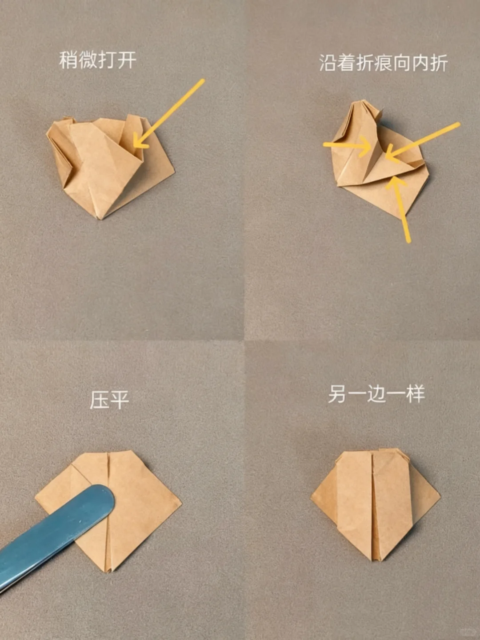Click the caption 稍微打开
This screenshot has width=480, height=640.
point(98,60)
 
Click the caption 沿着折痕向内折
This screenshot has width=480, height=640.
point(383,63)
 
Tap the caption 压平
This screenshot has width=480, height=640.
point(109,400)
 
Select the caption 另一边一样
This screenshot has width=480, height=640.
point(376,394)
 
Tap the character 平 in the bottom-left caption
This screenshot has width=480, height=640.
point(119,400)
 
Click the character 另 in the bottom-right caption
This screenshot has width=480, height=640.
point(337,394)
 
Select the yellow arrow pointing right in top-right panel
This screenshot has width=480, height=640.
point(347,145)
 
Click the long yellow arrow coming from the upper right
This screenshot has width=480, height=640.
point(422,140)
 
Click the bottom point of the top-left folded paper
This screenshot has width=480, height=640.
point(101,218)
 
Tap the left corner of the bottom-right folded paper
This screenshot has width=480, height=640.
point(312,498)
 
